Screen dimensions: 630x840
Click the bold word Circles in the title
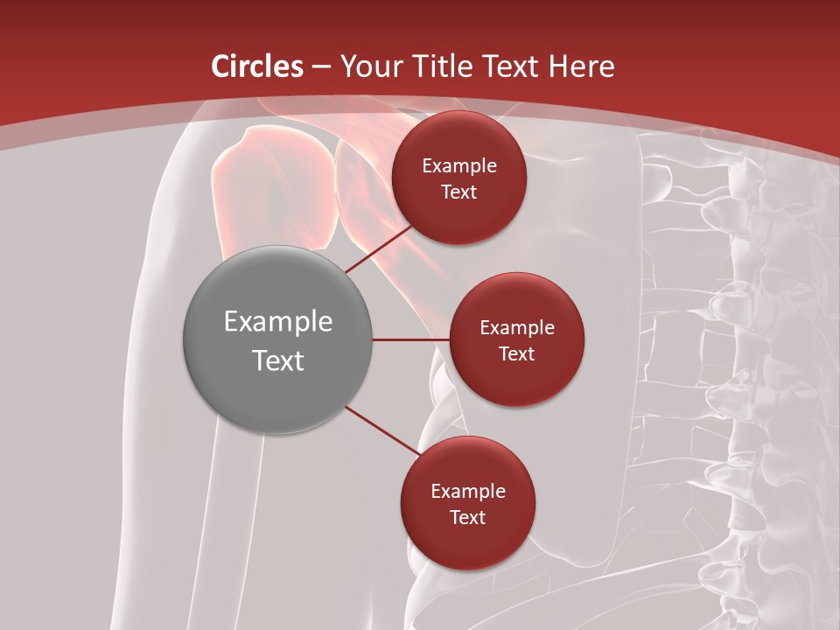click(x=257, y=66)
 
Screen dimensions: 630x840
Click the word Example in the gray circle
click(x=278, y=322)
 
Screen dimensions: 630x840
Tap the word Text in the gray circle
click(x=278, y=360)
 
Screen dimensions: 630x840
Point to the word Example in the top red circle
click(x=459, y=166)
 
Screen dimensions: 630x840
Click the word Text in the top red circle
click(x=458, y=192)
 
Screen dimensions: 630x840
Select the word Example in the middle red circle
click(x=517, y=328)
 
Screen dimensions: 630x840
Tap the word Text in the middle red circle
click(x=516, y=353)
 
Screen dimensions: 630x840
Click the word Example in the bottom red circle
click(x=468, y=492)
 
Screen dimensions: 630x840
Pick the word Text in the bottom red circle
click(x=467, y=517)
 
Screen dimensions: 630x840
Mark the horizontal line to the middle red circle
click(x=411, y=339)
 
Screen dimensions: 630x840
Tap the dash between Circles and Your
click(x=321, y=67)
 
